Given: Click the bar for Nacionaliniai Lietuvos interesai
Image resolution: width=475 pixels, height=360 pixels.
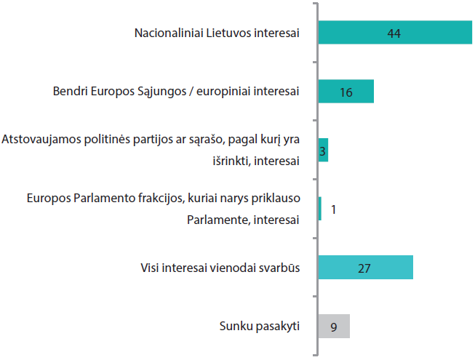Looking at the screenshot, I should coord(395,33).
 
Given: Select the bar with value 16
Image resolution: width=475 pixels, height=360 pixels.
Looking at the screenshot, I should coord(346,92).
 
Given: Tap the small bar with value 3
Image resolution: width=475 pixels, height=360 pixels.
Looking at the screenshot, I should coord(323,150).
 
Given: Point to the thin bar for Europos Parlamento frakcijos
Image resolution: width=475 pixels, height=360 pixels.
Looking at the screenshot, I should coord(320,209).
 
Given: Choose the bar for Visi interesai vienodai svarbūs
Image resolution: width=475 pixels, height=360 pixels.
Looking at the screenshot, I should coord(365,268).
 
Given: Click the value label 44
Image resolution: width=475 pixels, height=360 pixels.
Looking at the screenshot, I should coord(395,33).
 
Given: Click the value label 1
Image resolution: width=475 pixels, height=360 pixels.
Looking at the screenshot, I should coord(333,209).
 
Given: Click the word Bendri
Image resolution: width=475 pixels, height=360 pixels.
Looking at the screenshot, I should coord(70,92).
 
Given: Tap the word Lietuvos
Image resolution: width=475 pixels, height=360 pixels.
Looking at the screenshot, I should coord(229,33).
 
